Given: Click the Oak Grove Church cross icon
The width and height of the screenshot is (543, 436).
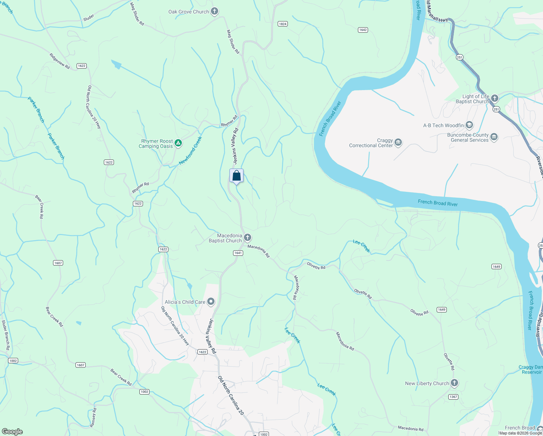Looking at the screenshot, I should [215, 11].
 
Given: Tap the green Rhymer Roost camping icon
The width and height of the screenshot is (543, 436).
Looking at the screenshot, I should [178, 143].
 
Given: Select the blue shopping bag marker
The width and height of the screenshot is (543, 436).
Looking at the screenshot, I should [236, 176].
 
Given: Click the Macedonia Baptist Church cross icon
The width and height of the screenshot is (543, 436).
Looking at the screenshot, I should [248, 238].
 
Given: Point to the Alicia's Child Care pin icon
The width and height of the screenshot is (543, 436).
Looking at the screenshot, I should [211, 302].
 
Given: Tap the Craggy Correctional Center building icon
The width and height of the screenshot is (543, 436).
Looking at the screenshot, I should [398, 142].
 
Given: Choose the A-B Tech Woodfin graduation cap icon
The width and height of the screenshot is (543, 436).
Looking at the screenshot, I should [469, 125].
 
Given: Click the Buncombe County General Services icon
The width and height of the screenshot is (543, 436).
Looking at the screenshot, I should [494, 137].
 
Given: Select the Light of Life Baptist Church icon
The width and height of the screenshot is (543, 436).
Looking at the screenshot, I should [494, 98].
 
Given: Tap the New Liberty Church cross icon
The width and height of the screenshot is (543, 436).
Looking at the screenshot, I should [454, 383].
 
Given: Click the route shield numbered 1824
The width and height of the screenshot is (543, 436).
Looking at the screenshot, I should [283, 24].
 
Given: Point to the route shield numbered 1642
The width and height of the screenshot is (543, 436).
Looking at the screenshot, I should [363, 30].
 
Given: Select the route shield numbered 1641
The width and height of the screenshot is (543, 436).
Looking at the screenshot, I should [238, 253].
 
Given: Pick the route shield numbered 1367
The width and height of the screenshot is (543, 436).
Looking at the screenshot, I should [453, 397].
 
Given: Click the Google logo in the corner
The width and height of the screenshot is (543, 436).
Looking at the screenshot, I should [12, 432].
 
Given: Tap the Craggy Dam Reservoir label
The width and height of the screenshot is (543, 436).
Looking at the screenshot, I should [531, 370].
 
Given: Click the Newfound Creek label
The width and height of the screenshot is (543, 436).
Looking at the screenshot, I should [190, 150].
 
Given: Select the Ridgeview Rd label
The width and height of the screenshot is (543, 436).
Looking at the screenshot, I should [60, 61].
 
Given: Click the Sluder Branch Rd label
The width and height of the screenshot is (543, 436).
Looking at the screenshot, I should [5, 335].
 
